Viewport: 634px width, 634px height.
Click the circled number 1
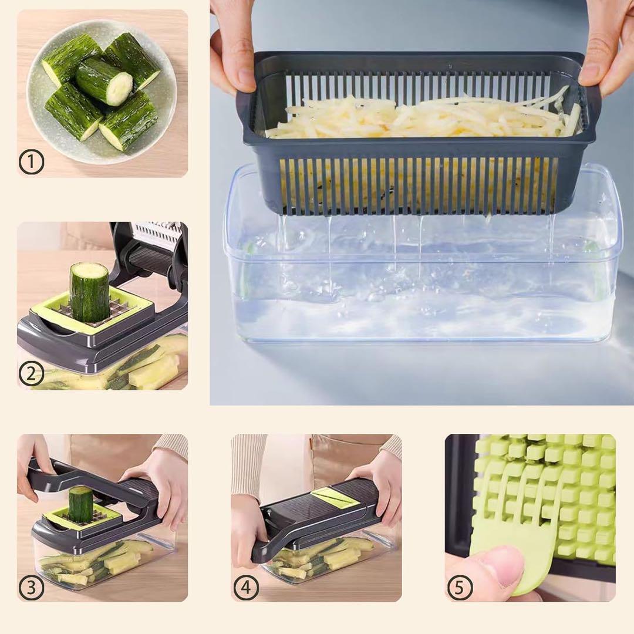[31, 162]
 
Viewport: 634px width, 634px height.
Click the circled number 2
[31, 374]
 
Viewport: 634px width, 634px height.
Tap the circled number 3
[31, 587]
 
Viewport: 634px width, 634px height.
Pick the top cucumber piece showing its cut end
[104, 81]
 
